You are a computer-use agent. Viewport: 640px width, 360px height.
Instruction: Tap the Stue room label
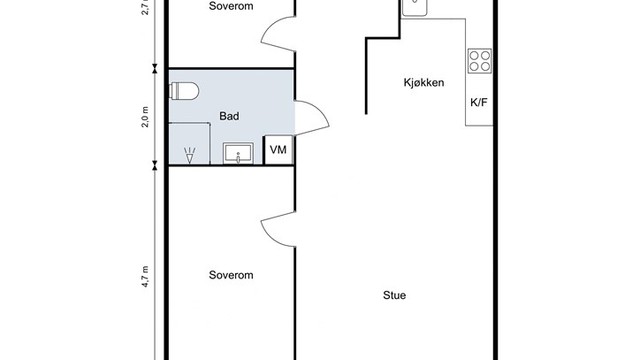395,295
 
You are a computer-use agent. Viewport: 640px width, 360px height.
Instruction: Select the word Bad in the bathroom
228,117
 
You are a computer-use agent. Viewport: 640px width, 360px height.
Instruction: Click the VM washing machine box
279,150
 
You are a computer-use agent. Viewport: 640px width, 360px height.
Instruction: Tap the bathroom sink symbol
239,152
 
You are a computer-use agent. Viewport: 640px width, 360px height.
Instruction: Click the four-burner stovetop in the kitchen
480,60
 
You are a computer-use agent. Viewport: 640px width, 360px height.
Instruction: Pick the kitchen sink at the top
416,7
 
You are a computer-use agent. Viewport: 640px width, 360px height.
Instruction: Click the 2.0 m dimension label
145,117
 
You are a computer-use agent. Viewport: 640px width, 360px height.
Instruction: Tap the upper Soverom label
230,6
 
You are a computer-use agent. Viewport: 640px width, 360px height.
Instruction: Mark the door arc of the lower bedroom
277,232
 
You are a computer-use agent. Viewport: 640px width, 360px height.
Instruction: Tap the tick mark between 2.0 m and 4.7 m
154,164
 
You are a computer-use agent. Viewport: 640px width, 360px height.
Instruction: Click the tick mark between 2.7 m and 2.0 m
154,69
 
